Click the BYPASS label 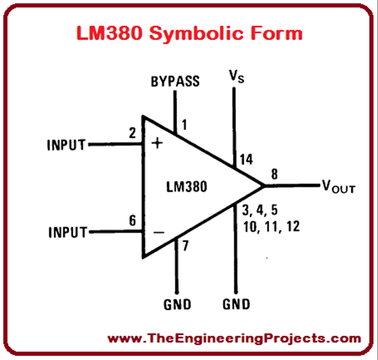coord(175,81)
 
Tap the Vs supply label coord(237,78)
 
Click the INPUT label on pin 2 coord(66,145)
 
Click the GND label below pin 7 coord(178,304)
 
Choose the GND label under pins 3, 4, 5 coord(236,304)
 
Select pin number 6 coord(132,221)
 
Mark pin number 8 coord(274,174)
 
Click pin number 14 coord(246,160)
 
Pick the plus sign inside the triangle coord(158,143)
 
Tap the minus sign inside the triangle coord(159,232)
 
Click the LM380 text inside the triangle coord(186,187)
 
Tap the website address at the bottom coord(234,338)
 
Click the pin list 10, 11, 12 coord(271,226)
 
